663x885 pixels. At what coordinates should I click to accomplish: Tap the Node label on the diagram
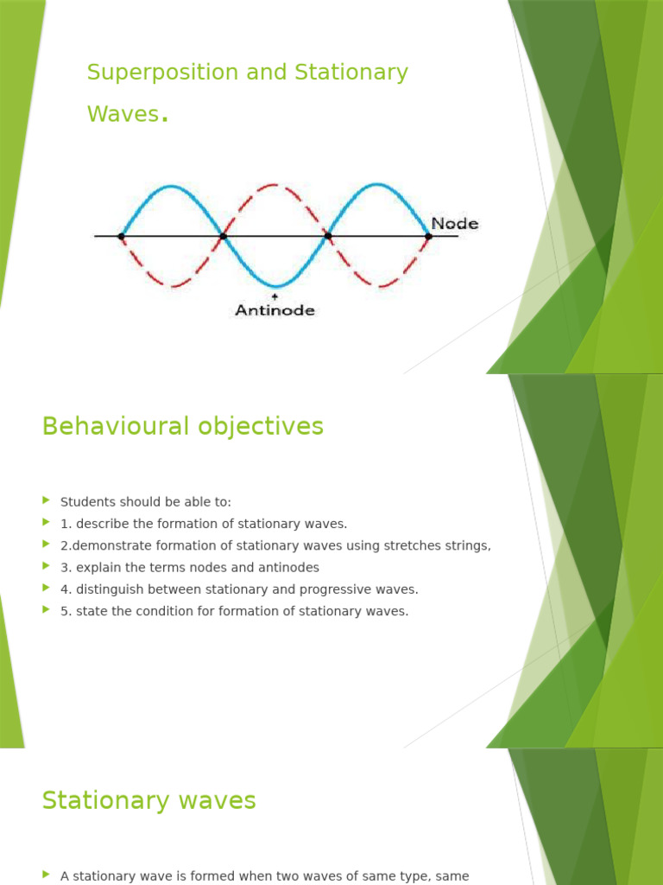454,224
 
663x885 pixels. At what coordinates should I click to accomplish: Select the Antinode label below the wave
275,310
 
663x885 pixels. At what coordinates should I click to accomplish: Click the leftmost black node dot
121,236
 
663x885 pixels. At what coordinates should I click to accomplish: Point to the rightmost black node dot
428,236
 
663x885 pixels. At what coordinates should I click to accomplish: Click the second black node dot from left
223,236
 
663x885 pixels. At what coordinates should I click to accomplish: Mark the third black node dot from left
327,236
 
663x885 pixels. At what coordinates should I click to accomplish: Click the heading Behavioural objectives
182,426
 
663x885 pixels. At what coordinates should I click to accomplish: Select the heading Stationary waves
148,801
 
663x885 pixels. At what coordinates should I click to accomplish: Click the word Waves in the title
123,113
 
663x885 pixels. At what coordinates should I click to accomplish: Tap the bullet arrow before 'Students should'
47,501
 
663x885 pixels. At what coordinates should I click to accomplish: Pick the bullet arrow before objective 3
47,567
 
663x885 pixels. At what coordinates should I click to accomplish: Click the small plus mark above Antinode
275,296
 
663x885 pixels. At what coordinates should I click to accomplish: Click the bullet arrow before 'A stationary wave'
47,875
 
